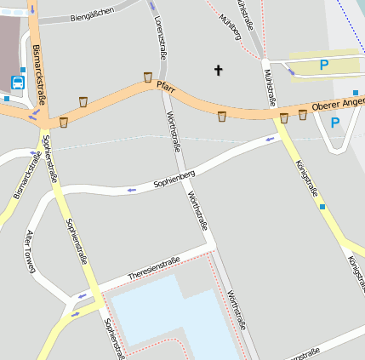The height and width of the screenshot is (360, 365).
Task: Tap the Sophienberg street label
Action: point(174,179)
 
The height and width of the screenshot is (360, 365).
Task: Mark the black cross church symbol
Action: point(218,70)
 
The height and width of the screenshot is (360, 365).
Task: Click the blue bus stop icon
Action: point(18,83)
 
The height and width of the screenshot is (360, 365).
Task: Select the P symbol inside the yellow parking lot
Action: point(323,65)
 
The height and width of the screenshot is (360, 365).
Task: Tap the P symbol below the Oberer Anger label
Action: point(334,123)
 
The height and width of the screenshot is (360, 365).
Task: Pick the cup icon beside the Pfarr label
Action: point(148,77)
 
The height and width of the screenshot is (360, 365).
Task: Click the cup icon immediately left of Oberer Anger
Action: point(302,114)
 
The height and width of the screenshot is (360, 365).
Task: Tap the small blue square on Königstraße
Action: point(322,206)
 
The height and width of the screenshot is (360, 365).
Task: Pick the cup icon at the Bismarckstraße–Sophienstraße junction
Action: point(63,122)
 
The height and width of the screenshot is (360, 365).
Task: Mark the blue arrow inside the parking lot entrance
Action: point(291,71)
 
